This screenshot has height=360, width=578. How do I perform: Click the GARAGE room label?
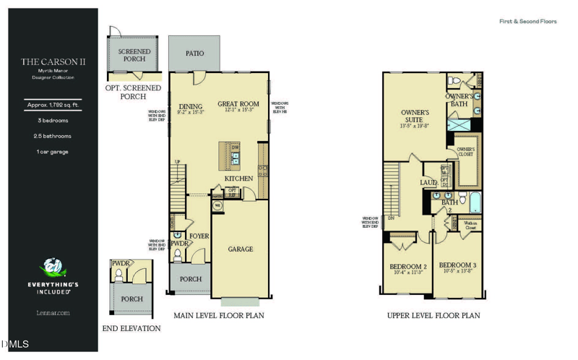241,249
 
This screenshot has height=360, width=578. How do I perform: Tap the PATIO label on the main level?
194,53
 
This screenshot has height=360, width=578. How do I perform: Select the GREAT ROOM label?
238,104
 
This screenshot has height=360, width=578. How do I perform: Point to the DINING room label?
191,106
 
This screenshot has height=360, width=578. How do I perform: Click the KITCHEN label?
238,179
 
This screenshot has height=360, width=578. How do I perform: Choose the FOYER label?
199,236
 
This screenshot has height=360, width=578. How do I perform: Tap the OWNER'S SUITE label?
415,116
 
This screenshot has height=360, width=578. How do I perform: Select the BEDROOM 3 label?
457,265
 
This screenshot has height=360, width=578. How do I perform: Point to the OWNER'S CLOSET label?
465,152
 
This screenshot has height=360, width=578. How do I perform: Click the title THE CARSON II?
53,62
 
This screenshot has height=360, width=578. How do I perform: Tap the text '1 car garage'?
53,152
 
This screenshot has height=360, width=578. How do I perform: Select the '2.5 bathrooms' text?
53,136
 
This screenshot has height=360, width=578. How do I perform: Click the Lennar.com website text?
53,313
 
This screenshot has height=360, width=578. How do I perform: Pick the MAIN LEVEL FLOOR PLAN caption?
219,316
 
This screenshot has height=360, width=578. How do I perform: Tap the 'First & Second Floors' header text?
528,22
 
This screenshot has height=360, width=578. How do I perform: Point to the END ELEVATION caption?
132,329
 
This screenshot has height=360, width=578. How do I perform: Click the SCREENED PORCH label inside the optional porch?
134,55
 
